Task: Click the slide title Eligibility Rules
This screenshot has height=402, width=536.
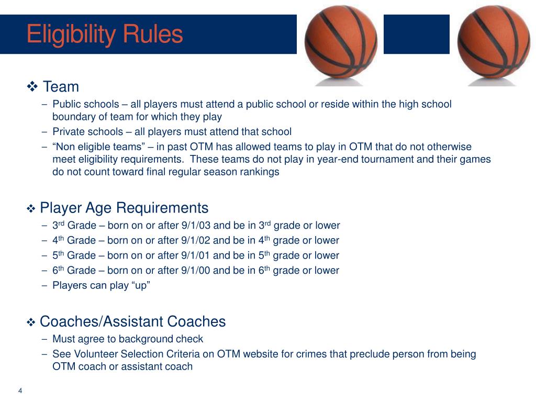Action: click(x=105, y=35)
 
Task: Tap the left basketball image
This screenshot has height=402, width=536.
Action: click(x=341, y=42)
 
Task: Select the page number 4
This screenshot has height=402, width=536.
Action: click(x=20, y=391)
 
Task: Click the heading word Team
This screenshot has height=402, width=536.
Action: click(x=61, y=86)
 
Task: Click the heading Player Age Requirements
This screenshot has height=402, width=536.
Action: click(x=124, y=208)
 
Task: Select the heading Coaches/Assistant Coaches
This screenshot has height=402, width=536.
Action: click(x=133, y=321)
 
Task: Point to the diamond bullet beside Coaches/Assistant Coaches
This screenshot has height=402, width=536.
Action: click(x=30, y=322)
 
